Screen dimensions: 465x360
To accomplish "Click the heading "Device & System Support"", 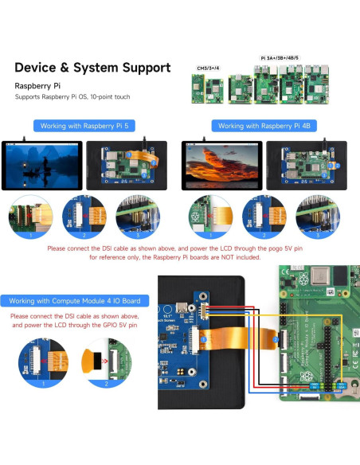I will tap(92, 68).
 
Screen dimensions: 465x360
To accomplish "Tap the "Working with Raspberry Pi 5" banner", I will tap(88, 126).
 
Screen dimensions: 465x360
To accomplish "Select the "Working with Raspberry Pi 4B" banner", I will tap(265, 126).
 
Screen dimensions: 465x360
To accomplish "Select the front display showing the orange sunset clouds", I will tap(220, 165).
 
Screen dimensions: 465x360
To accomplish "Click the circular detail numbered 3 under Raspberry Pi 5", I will tap(138, 217).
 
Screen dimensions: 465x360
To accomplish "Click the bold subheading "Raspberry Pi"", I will tap(40, 84).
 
